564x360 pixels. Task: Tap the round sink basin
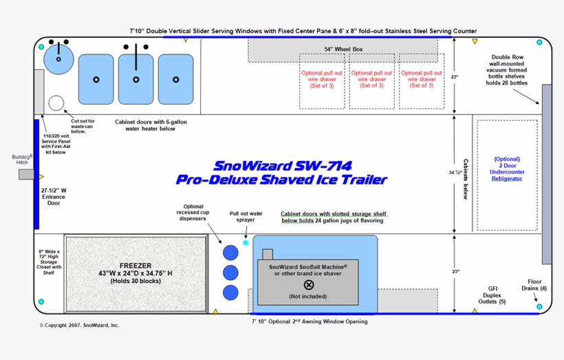coord(58,60)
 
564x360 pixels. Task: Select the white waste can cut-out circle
coord(56,103)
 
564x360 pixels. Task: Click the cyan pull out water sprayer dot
coord(246,242)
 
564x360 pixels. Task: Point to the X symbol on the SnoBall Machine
coord(308,284)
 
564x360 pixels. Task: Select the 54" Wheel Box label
coord(343,50)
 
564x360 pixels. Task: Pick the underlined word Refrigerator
coord(507,178)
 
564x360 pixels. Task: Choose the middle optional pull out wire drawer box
coord(372,80)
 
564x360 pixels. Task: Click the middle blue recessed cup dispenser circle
coord(230,272)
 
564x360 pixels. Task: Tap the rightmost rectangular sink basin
coord(175,77)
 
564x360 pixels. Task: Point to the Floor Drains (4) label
coord(534,285)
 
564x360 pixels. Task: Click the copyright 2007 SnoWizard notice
coord(79,325)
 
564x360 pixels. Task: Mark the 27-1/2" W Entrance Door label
coord(53,196)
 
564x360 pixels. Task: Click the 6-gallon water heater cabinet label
coord(151,125)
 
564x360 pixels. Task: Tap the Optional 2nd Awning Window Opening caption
coord(309,321)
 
